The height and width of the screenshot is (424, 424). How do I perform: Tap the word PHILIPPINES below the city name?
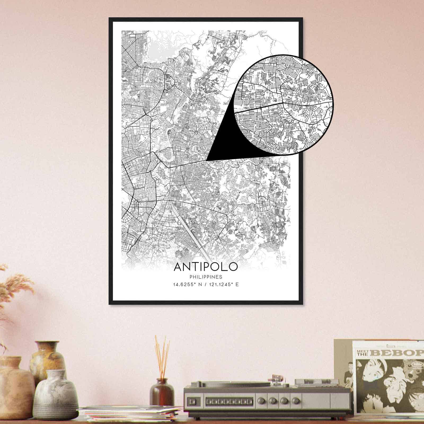pos(206,277)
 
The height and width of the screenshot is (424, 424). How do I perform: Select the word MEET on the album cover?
pos(362,350)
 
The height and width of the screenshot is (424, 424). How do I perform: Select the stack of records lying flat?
pos(127,415)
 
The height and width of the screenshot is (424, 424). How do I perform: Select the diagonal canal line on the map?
pos(185,225)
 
